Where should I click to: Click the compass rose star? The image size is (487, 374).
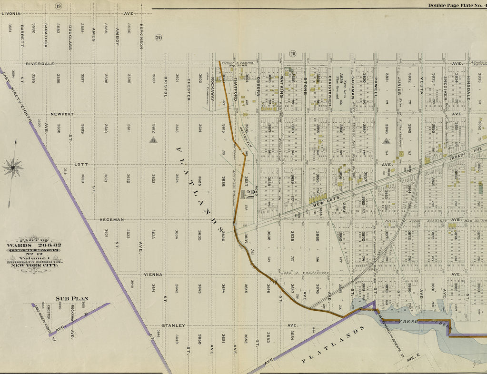click(13, 167)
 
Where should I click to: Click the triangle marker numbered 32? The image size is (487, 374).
click(153, 140)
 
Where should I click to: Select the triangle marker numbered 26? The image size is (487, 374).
click(387, 141)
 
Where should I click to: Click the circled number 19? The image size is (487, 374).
click(58, 6)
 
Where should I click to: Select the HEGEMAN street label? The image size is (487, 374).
click(112, 219)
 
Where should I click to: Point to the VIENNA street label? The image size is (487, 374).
click(153, 275)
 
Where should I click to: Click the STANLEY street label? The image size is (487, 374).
click(173, 325)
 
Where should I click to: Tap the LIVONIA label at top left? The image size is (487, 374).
click(11, 14)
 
